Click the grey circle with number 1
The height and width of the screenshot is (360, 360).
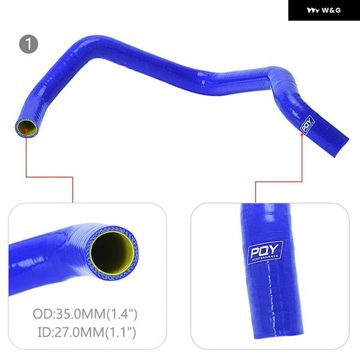pyautogui.click(x=29, y=44)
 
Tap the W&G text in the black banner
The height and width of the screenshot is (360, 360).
pyautogui.click(x=331, y=10)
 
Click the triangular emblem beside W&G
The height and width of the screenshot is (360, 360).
pyautogui.click(x=313, y=11)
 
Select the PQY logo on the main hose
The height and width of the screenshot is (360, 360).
pyautogui.click(x=307, y=124)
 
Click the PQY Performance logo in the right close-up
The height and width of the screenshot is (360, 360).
pyautogui.click(x=265, y=253)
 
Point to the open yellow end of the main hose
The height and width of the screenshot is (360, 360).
pyautogui.click(x=26, y=128)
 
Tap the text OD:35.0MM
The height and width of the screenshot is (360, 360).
pyautogui.click(x=69, y=314)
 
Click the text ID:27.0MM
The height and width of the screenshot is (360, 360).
pyautogui.click(x=71, y=332)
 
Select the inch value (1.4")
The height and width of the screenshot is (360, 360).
pyautogui.click(x=121, y=314)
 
